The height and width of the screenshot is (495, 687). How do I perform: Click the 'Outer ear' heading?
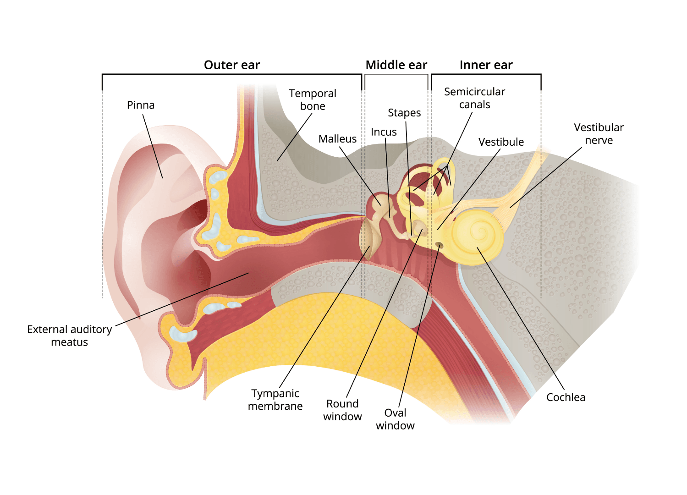[231, 65]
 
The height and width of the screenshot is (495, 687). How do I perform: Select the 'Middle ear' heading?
[396, 65]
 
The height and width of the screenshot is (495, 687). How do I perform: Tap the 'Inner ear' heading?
[486, 65]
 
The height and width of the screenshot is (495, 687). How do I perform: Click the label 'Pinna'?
[141, 105]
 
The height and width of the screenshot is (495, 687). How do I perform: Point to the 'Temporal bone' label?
[313, 100]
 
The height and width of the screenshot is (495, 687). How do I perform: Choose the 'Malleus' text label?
[337, 139]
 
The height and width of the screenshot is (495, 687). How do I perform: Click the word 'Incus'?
[384, 132]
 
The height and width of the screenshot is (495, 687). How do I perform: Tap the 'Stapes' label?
[404, 113]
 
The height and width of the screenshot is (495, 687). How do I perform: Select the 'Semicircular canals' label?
[474, 98]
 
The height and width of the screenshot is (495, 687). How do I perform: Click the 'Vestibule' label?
[501, 142]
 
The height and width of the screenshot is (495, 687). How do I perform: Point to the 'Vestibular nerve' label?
[599, 134]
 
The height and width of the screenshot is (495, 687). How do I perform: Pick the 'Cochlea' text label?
[566, 397]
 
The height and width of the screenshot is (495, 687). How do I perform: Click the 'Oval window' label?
[395, 419]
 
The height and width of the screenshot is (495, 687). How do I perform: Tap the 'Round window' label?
[342, 410]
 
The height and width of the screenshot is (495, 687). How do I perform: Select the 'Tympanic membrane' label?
[275, 400]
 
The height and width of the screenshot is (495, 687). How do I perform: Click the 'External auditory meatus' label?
[69, 336]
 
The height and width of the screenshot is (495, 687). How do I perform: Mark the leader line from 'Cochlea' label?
[522, 321]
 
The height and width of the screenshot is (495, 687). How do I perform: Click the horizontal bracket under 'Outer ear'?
[231, 74]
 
